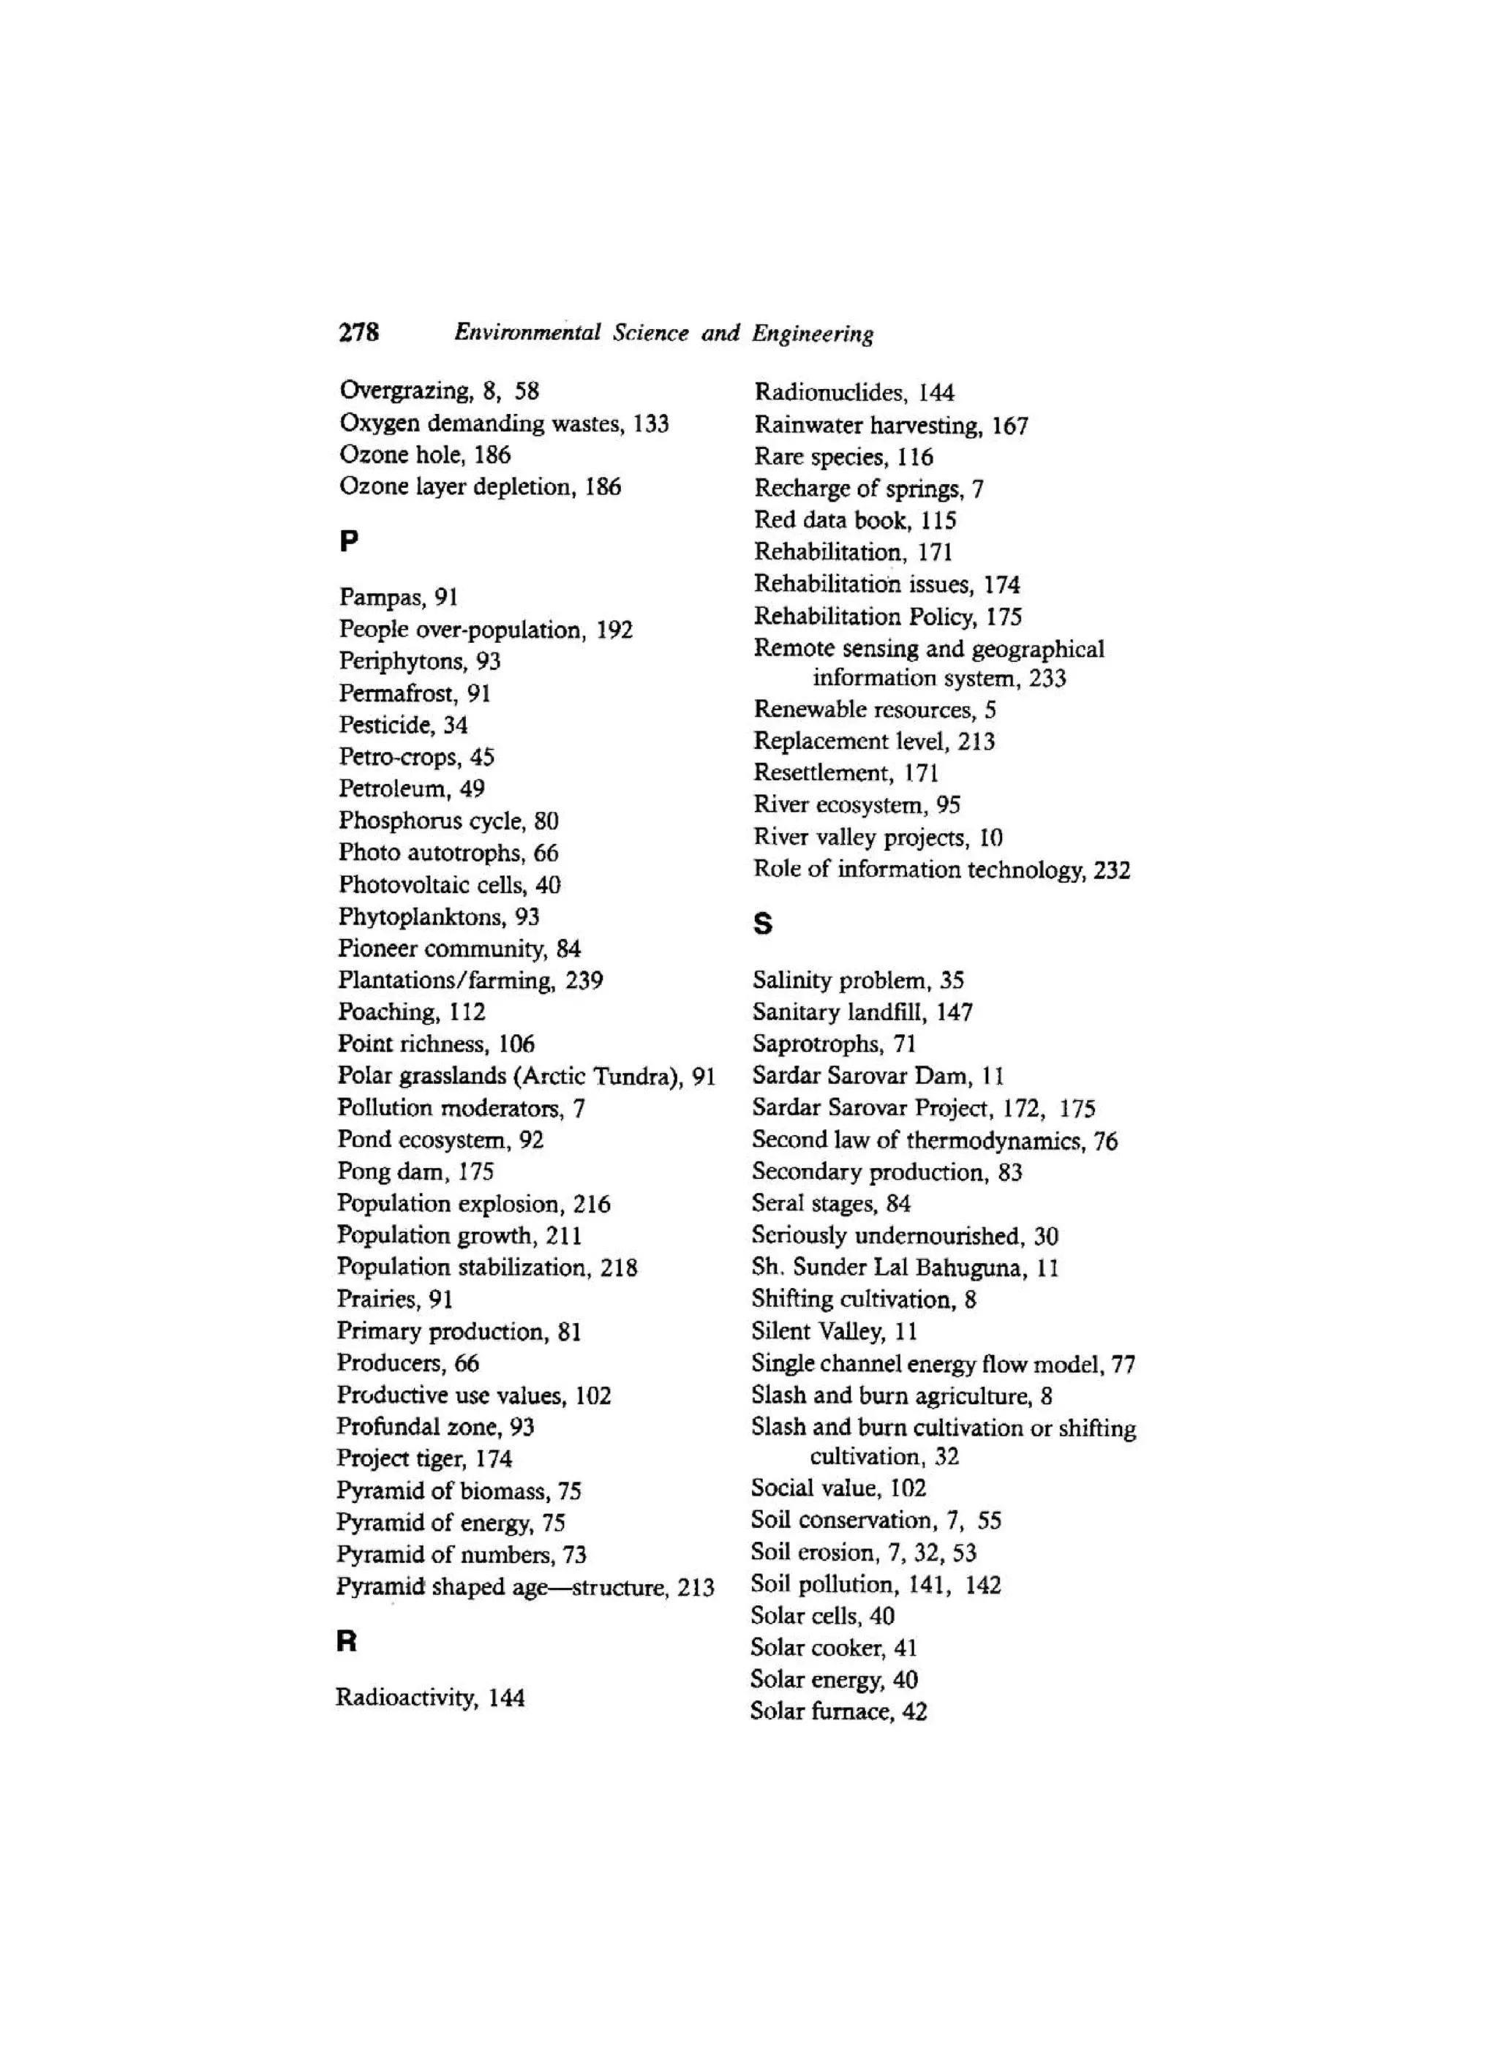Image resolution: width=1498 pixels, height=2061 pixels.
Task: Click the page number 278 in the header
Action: tap(359, 333)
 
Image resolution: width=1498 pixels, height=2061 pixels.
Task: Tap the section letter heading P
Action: tap(349, 542)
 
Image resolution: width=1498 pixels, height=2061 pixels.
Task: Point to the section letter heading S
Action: tap(763, 924)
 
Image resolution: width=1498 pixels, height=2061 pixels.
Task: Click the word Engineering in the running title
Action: tap(812, 334)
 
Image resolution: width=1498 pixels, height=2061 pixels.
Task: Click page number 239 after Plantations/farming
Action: tap(584, 981)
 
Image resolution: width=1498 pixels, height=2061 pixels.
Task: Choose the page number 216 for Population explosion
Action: tap(591, 1204)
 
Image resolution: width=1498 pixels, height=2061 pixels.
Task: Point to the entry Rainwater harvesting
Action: tap(867, 425)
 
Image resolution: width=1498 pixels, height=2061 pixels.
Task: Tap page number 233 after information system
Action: tap(1047, 679)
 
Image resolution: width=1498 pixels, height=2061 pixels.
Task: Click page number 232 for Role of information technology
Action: tap(1112, 870)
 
